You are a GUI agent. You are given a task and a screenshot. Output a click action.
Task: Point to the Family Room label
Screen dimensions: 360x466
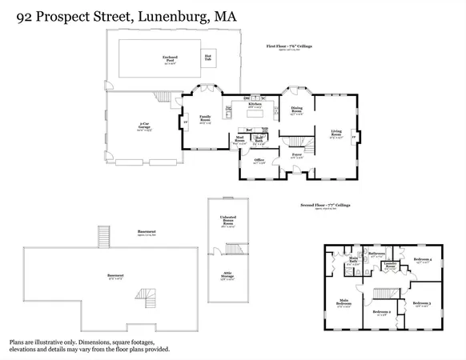click(x=206, y=120)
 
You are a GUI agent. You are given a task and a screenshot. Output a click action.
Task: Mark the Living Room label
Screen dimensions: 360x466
click(x=336, y=134)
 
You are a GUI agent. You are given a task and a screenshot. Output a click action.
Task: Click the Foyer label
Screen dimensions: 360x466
click(x=296, y=155)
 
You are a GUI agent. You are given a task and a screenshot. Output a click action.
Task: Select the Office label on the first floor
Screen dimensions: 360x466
click(x=259, y=161)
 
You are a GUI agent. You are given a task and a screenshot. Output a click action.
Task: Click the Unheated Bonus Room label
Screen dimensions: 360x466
click(x=227, y=222)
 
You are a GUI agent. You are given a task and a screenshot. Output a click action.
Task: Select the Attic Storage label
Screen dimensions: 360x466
click(x=227, y=278)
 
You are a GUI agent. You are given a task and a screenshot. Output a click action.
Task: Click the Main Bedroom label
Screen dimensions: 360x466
click(x=343, y=303)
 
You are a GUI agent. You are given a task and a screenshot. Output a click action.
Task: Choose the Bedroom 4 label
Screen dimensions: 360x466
click(x=424, y=260)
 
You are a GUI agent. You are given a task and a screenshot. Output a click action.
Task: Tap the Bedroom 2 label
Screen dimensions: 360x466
click(x=381, y=312)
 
